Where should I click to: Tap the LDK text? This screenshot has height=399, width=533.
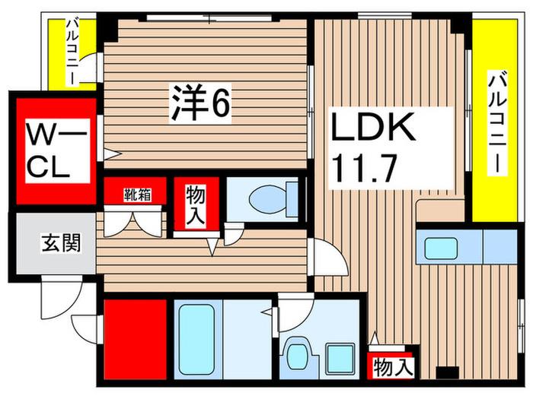click(372, 127)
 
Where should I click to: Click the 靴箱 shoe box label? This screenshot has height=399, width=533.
click(137, 194)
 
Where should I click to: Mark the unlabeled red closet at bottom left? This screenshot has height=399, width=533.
click(136, 335)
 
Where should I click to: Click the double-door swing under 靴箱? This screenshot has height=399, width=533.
click(137, 224)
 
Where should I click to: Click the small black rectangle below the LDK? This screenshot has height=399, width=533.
click(445, 372)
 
